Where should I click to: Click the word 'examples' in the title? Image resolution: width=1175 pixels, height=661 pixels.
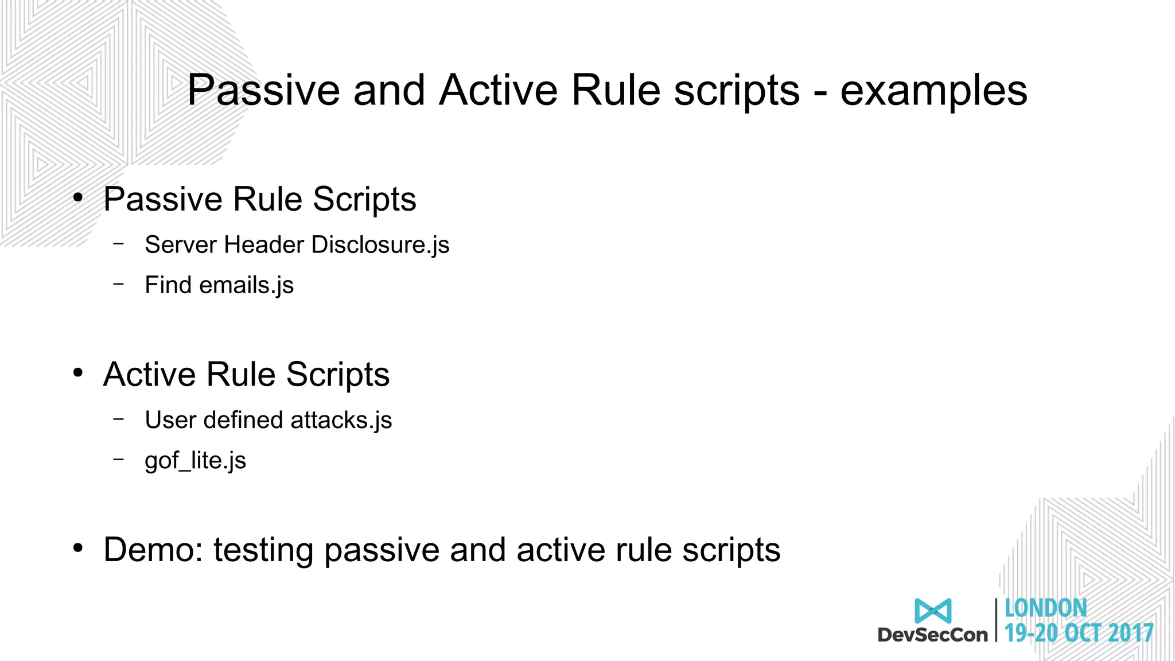[x=933, y=92]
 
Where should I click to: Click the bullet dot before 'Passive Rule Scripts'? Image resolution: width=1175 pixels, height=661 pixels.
[x=78, y=198]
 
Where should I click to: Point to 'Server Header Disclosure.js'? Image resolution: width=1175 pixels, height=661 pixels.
[x=297, y=245]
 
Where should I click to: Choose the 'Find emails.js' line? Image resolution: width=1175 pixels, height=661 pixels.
[x=219, y=285]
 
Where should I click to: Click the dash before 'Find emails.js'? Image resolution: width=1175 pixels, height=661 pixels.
[x=119, y=283]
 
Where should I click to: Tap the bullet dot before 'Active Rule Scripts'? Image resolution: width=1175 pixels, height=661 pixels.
[x=78, y=374]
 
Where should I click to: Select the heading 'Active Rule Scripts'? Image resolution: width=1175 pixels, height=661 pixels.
[x=246, y=375]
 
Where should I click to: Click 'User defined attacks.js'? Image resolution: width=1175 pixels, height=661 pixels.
[x=268, y=420]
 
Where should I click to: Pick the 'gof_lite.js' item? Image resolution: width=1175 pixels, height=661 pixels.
[x=195, y=460]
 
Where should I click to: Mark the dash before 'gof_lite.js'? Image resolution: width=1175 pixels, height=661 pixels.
[x=119, y=459]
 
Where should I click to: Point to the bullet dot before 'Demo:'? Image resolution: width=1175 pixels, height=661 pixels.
[x=78, y=549]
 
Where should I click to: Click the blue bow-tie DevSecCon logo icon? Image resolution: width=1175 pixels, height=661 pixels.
[x=933, y=611]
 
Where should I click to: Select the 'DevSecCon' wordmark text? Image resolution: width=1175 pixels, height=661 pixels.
[x=932, y=635]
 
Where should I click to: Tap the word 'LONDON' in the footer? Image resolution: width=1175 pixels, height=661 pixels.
[x=1045, y=609]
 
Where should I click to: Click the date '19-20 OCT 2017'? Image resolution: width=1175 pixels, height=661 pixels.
[x=1079, y=633]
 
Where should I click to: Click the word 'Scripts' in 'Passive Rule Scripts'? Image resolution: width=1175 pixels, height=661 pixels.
[x=364, y=200]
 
